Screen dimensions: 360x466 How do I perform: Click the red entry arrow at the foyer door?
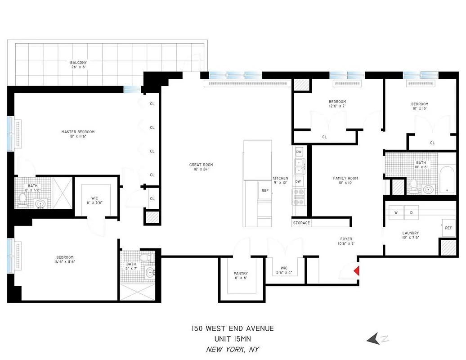(357, 271)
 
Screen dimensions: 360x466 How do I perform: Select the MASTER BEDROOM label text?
(78, 132)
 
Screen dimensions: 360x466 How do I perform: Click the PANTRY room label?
(241, 273)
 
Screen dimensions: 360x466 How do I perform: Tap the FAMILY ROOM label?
(345, 178)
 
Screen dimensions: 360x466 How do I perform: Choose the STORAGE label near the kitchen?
(301, 223)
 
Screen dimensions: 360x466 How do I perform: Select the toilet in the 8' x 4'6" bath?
(22, 199)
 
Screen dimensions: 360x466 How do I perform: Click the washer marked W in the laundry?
(396, 212)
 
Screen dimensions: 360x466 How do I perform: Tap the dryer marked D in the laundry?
(411, 212)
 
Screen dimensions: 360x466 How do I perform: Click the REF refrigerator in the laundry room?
(448, 228)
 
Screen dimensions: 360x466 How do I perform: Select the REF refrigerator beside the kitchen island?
(265, 190)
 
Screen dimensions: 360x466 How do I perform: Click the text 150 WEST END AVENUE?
(233, 328)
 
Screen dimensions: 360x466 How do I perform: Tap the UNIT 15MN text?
(233, 339)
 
